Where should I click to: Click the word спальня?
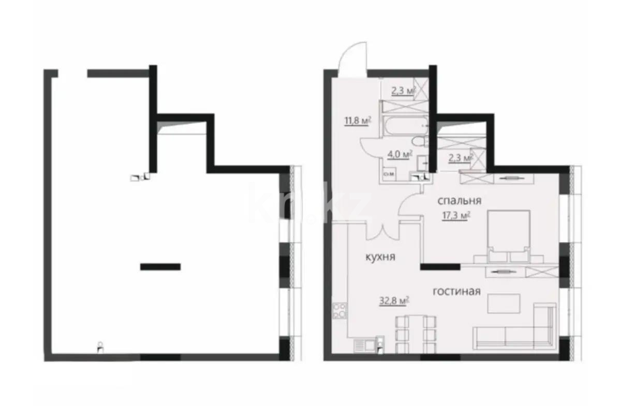[x=460, y=201]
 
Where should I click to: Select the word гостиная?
[x=456, y=292]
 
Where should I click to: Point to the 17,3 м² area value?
[x=455, y=216]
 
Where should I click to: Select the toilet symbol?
[x=417, y=142]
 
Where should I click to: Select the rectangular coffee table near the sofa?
[x=504, y=303]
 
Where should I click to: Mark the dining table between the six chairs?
[x=411, y=335]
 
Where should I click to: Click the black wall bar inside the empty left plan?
[x=160, y=267]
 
